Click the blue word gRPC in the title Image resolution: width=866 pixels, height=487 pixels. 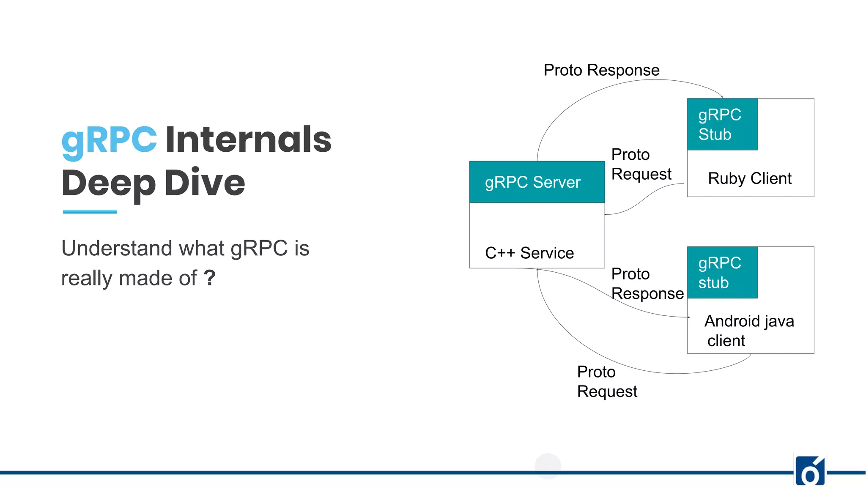(x=109, y=140)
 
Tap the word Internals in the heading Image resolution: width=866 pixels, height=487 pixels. (x=248, y=140)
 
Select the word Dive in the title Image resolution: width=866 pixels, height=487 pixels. (x=205, y=183)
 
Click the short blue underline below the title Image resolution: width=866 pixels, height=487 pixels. (x=90, y=211)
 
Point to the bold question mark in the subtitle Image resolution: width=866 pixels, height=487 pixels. (x=210, y=278)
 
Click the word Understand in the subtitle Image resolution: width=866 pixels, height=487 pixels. (x=117, y=248)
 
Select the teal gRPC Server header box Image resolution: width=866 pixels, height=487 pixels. (x=537, y=182)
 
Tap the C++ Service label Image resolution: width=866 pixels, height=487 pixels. (x=529, y=253)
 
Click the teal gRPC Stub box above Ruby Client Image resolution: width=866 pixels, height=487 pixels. (x=722, y=124)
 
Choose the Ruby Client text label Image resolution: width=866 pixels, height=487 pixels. (x=749, y=178)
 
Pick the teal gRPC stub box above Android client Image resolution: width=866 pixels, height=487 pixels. (x=722, y=273)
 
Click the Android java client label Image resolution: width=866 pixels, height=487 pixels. (x=749, y=331)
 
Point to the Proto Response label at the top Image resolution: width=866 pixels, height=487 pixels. (x=601, y=70)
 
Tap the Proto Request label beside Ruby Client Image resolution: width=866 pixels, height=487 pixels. (x=641, y=164)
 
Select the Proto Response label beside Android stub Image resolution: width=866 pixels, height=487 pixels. (x=647, y=284)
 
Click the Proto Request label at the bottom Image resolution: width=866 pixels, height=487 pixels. (x=607, y=382)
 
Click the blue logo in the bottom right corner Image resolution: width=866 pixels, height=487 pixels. (x=810, y=471)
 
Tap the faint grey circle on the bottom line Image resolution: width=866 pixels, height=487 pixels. (x=548, y=466)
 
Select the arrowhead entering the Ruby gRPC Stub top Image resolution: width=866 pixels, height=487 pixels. (x=721, y=97)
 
